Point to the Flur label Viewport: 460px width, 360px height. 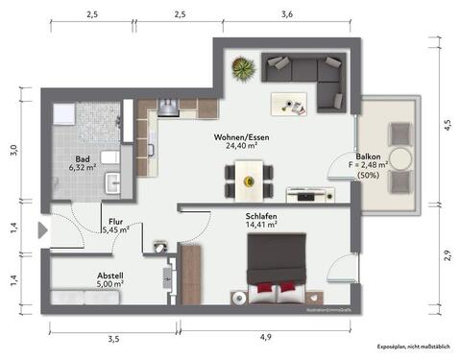click(x=115, y=222)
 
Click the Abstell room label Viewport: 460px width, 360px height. click(x=110, y=274)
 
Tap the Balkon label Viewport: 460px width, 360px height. click(x=369, y=156)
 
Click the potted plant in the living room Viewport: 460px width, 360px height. click(x=243, y=68)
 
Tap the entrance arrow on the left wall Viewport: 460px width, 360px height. click(x=41, y=230)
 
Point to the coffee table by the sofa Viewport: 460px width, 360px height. click(x=287, y=99)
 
